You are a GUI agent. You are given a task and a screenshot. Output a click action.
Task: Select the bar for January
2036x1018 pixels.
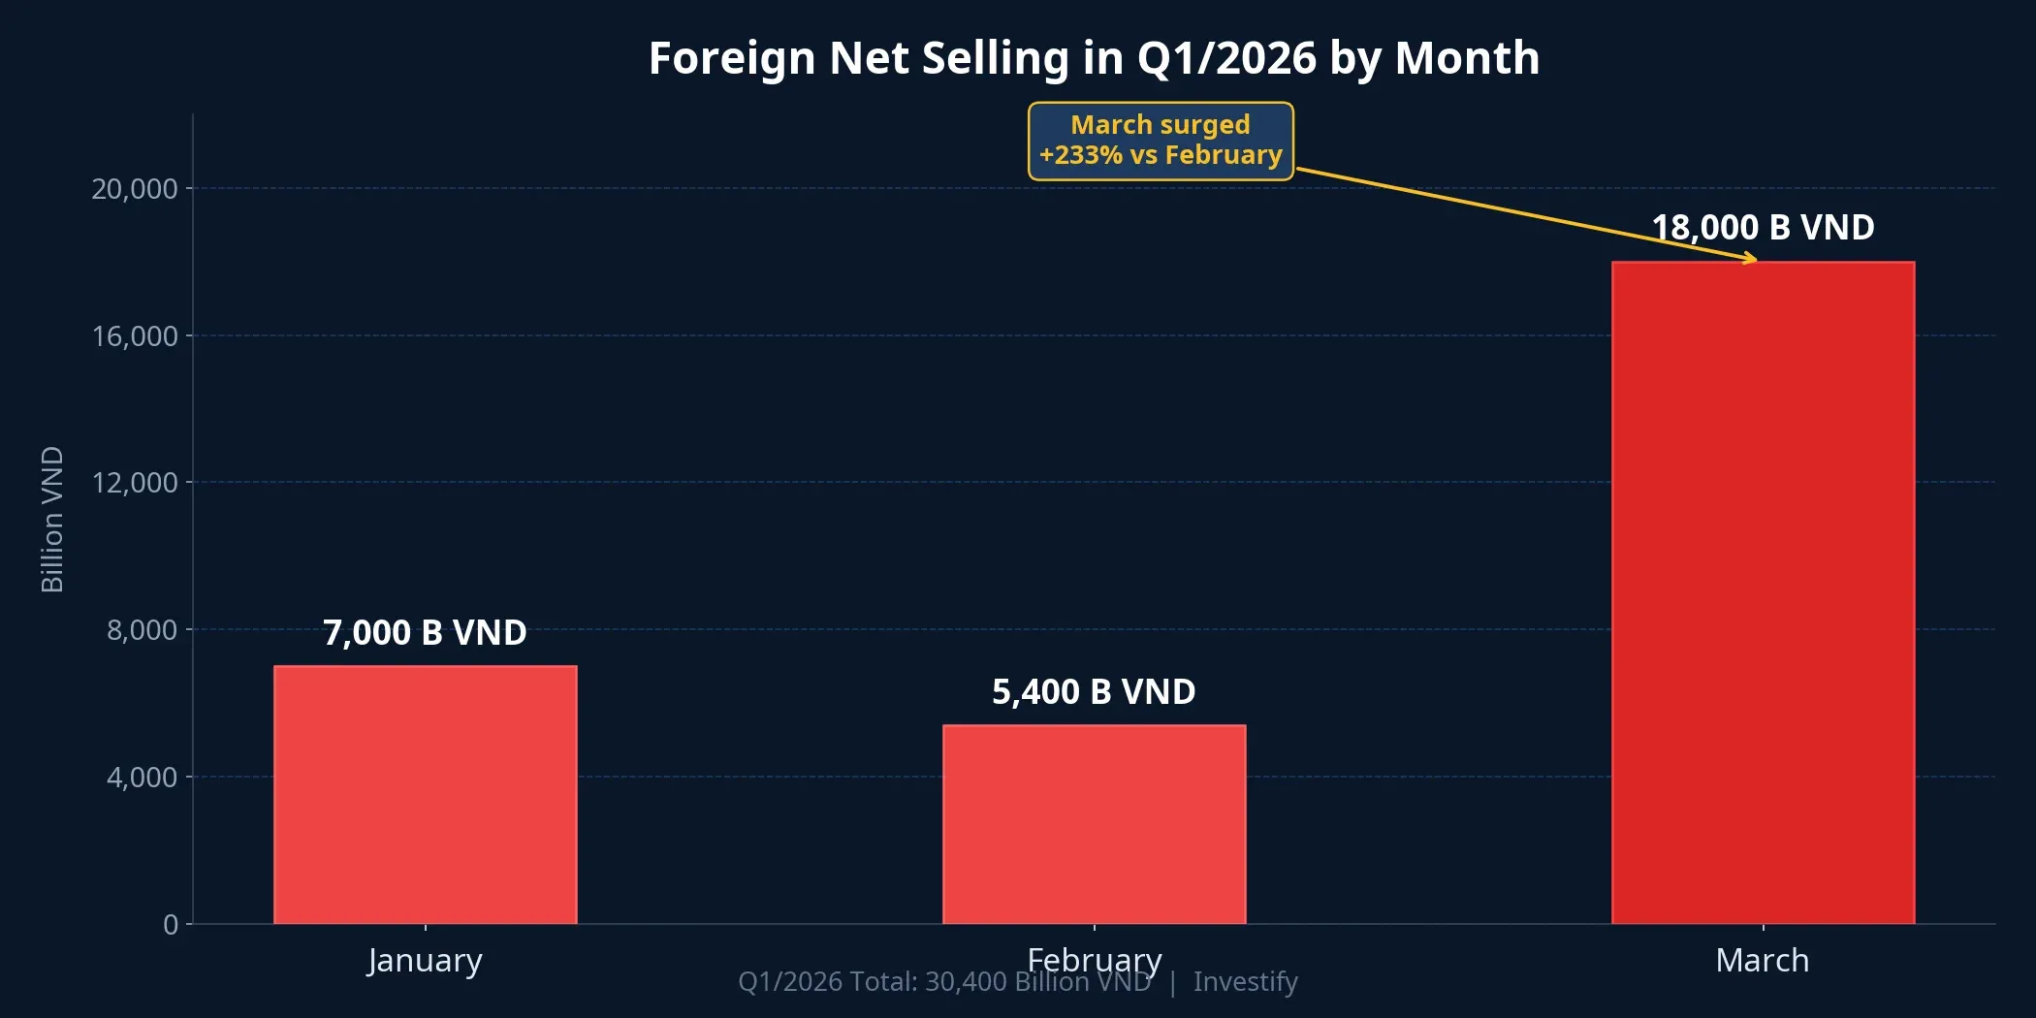coord(425,795)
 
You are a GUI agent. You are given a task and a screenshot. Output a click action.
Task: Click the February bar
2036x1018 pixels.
coord(1094,824)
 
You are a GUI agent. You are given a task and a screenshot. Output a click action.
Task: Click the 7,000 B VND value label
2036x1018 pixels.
coord(425,633)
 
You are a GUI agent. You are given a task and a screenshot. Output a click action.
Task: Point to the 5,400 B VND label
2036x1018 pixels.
coord(1094,692)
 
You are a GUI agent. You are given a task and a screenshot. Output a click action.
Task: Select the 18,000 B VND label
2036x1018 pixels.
coord(1763,228)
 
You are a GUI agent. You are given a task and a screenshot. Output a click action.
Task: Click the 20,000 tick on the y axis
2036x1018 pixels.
coord(135,189)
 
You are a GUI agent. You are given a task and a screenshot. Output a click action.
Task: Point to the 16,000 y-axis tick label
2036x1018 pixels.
coord(135,336)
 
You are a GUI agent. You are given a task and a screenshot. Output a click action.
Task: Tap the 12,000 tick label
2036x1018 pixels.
coord(135,483)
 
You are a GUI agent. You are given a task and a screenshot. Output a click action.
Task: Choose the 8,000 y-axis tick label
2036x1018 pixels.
coord(142,630)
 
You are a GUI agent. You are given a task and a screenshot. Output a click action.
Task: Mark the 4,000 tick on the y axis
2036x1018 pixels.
coord(142,778)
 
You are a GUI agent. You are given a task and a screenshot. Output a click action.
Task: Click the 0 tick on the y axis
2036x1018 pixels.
coord(171,925)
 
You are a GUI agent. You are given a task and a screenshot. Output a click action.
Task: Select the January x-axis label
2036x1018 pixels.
coord(425,961)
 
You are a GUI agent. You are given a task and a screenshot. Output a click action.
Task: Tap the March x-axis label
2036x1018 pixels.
coord(1762,961)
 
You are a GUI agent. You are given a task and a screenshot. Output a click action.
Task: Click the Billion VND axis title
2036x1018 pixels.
coord(52,520)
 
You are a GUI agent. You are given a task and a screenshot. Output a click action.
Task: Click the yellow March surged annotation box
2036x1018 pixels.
coord(1161,141)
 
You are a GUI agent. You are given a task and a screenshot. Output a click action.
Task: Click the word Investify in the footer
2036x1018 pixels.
coord(1245,982)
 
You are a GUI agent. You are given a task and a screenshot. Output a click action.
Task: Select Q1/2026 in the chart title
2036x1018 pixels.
coord(1226,58)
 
